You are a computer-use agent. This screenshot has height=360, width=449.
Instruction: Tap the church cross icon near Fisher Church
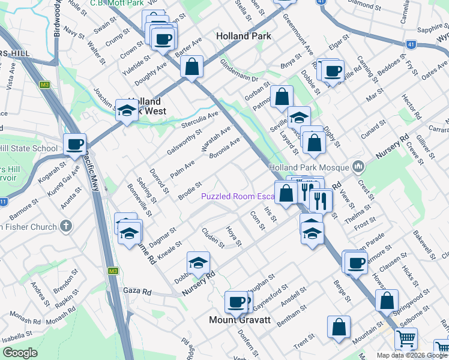65,226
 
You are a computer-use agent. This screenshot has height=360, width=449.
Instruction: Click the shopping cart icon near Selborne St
406,340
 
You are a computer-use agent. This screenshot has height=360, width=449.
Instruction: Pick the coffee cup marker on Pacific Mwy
74,145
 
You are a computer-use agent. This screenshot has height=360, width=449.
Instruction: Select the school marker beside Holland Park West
127,110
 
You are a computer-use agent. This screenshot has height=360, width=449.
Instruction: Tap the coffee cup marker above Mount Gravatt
237,302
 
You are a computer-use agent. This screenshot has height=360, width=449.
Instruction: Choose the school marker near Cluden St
199,262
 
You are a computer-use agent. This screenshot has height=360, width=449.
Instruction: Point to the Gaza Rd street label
137,290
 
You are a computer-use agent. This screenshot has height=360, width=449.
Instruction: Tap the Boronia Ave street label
224,148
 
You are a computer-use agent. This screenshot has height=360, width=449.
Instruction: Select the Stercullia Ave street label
200,120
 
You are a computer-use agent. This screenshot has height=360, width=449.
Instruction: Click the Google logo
20,353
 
